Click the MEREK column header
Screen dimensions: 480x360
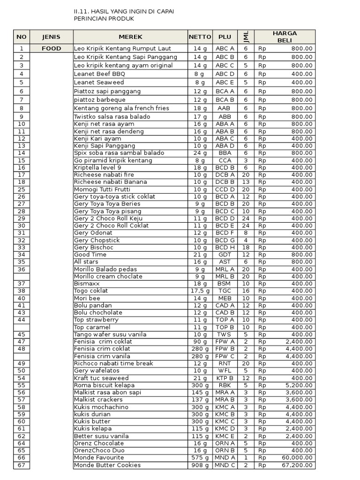pos(130,37)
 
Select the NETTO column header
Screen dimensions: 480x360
pos(200,37)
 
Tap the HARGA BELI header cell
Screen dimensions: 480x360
pos(285,37)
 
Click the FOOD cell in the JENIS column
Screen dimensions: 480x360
pos(51,48)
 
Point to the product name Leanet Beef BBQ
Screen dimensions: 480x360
pos(99,74)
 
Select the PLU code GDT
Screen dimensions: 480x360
pos(225,255)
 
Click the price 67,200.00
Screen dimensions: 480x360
pos(297,465)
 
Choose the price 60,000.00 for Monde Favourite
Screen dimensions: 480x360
pos(297,457)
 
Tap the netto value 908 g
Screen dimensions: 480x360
pos(200,465)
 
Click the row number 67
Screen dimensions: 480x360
pos(21,465)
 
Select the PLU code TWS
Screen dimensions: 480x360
pos(225,334)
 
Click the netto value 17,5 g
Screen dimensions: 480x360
pos(200,291)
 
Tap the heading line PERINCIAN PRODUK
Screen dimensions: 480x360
pos(104,19)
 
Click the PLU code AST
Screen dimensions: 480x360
pos(225,262)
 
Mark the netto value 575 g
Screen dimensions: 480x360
pos(200,457)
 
